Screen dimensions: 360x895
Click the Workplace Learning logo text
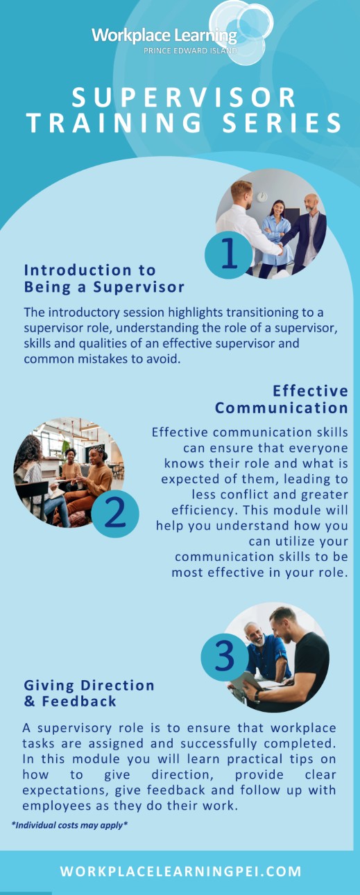point(164,35)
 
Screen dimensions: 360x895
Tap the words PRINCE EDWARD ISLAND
point(190,51)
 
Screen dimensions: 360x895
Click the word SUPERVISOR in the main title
point(185,97)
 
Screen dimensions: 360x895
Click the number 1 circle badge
point(228,254)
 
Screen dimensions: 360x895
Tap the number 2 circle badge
point(115,514)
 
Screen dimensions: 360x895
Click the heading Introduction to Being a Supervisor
point(104,279)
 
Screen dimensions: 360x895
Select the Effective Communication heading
point(282,399)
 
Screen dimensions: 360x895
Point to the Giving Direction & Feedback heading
point(89,693)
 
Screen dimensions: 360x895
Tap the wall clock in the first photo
point(262,196)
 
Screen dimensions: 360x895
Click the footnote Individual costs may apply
point(69,825)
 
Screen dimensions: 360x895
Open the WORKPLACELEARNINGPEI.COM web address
point(180,871)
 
